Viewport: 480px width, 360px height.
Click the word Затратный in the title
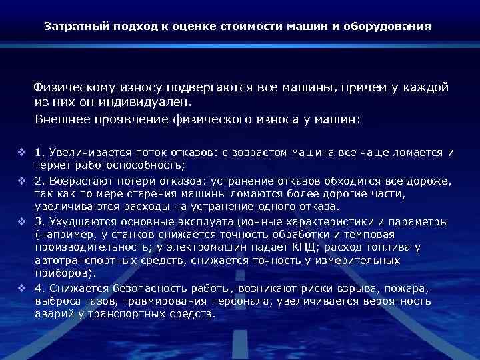point(72,28)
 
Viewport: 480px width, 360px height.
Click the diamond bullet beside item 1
point(22,152)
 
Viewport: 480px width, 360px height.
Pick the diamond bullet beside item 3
point(22,221)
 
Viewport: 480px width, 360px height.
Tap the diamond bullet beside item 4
point(22,287)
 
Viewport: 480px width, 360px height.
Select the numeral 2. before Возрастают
point(39,181)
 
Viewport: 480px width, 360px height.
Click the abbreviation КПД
point(305,247)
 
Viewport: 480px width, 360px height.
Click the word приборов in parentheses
point(63,273)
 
